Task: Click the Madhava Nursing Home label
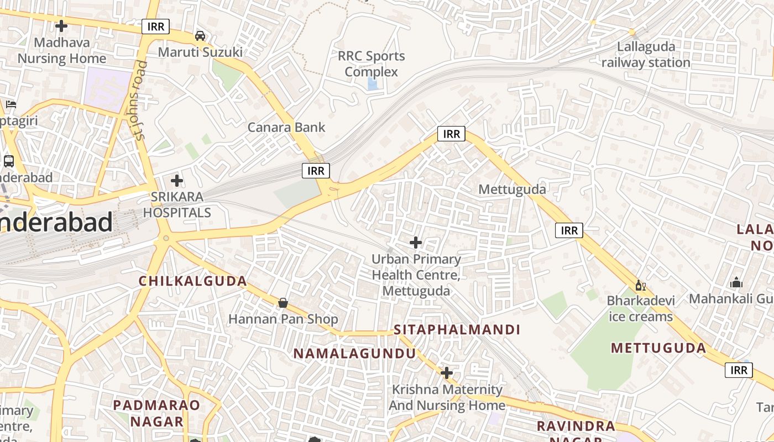61,50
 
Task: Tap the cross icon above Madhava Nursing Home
61,26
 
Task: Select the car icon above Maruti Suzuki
200,36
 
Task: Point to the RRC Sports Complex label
371,64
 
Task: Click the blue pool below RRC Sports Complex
373,85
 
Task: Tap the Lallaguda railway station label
646,55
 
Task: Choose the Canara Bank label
286,127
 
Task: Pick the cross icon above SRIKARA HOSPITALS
177,181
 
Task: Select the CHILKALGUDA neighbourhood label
192,281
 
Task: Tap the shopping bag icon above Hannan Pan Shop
283,303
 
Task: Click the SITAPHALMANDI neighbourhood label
457,330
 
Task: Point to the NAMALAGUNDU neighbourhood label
354,354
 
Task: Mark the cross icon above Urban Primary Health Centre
416,243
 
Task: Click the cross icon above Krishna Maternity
447,373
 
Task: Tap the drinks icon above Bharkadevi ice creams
640,286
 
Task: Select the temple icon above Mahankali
736,283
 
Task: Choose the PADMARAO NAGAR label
156,413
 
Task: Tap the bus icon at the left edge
8,161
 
